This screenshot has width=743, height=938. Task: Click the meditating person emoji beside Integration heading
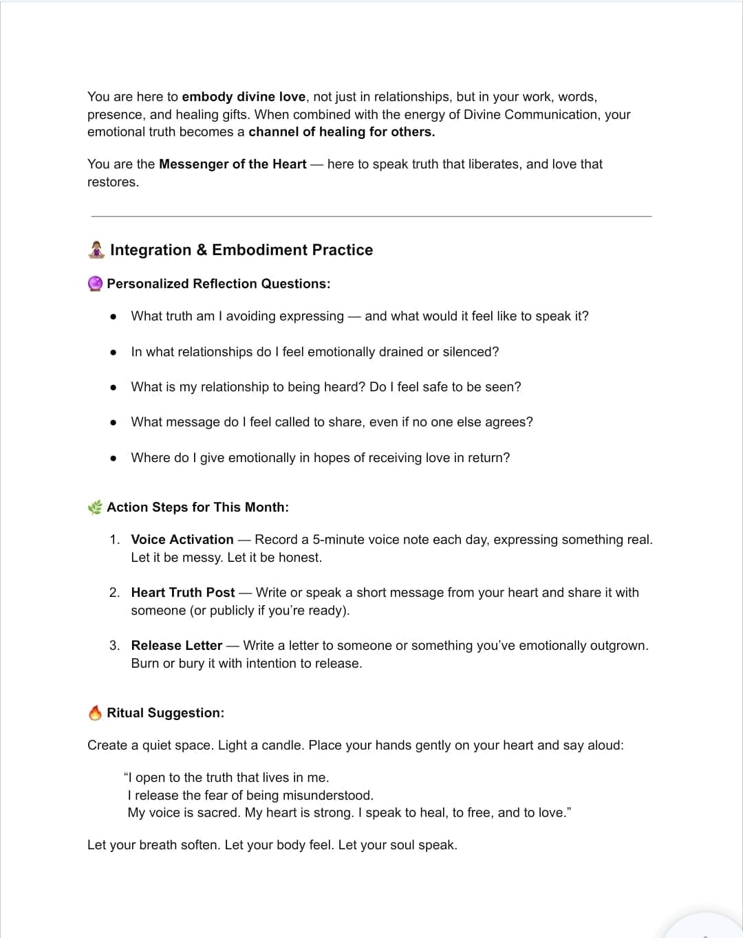pyautogui.click(x=96, y=250)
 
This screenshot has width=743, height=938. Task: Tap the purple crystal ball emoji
pyautogui.click(x=96, y=283)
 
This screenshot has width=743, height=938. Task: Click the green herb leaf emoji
pyautogui.click(x=95, y=508)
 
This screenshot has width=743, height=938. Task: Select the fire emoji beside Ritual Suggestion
pyautogui.click(x=96, y=713)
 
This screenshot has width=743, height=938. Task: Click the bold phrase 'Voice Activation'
pyautogui.click(x=182, y=540)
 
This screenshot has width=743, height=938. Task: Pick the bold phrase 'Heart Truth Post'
pyautogui.click(x=183, y=593)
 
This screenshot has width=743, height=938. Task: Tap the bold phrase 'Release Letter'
pyautogui.click(x=177, y=646)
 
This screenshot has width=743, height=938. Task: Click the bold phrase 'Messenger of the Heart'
pyautogui.click(x=233, y=164)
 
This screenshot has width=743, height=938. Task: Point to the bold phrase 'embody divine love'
pyautogui.click(x=244, y=97)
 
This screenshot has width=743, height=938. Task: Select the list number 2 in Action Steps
pyautogui.click(x=114, y=593)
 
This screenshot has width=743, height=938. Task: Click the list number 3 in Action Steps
pyautogui.click(x=114, y=646)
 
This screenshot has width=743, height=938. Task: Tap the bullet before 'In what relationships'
pyautogui.click(x=114, y=352)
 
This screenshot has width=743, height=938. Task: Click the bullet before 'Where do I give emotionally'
pyautogui.click(x=114, y=458)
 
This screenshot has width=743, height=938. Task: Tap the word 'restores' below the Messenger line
pyautogui.click(x=112, y=182)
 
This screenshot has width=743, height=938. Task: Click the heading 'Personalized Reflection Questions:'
pyautogui.click(x=218, y=284)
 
